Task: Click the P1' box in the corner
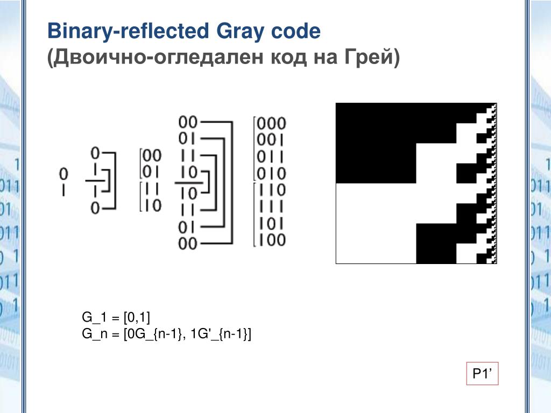(482, 374)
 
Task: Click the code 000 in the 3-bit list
(271, 124)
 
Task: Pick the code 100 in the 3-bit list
(271, 240)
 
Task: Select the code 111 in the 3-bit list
(271, 206)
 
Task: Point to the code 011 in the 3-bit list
(271, 157)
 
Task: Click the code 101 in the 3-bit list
(271, 223)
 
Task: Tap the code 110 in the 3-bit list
(271, 190)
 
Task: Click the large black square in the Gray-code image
(376, 143)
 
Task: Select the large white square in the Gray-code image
(376, 224)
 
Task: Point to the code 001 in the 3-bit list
(271, 140)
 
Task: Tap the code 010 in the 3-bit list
(271, 174)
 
